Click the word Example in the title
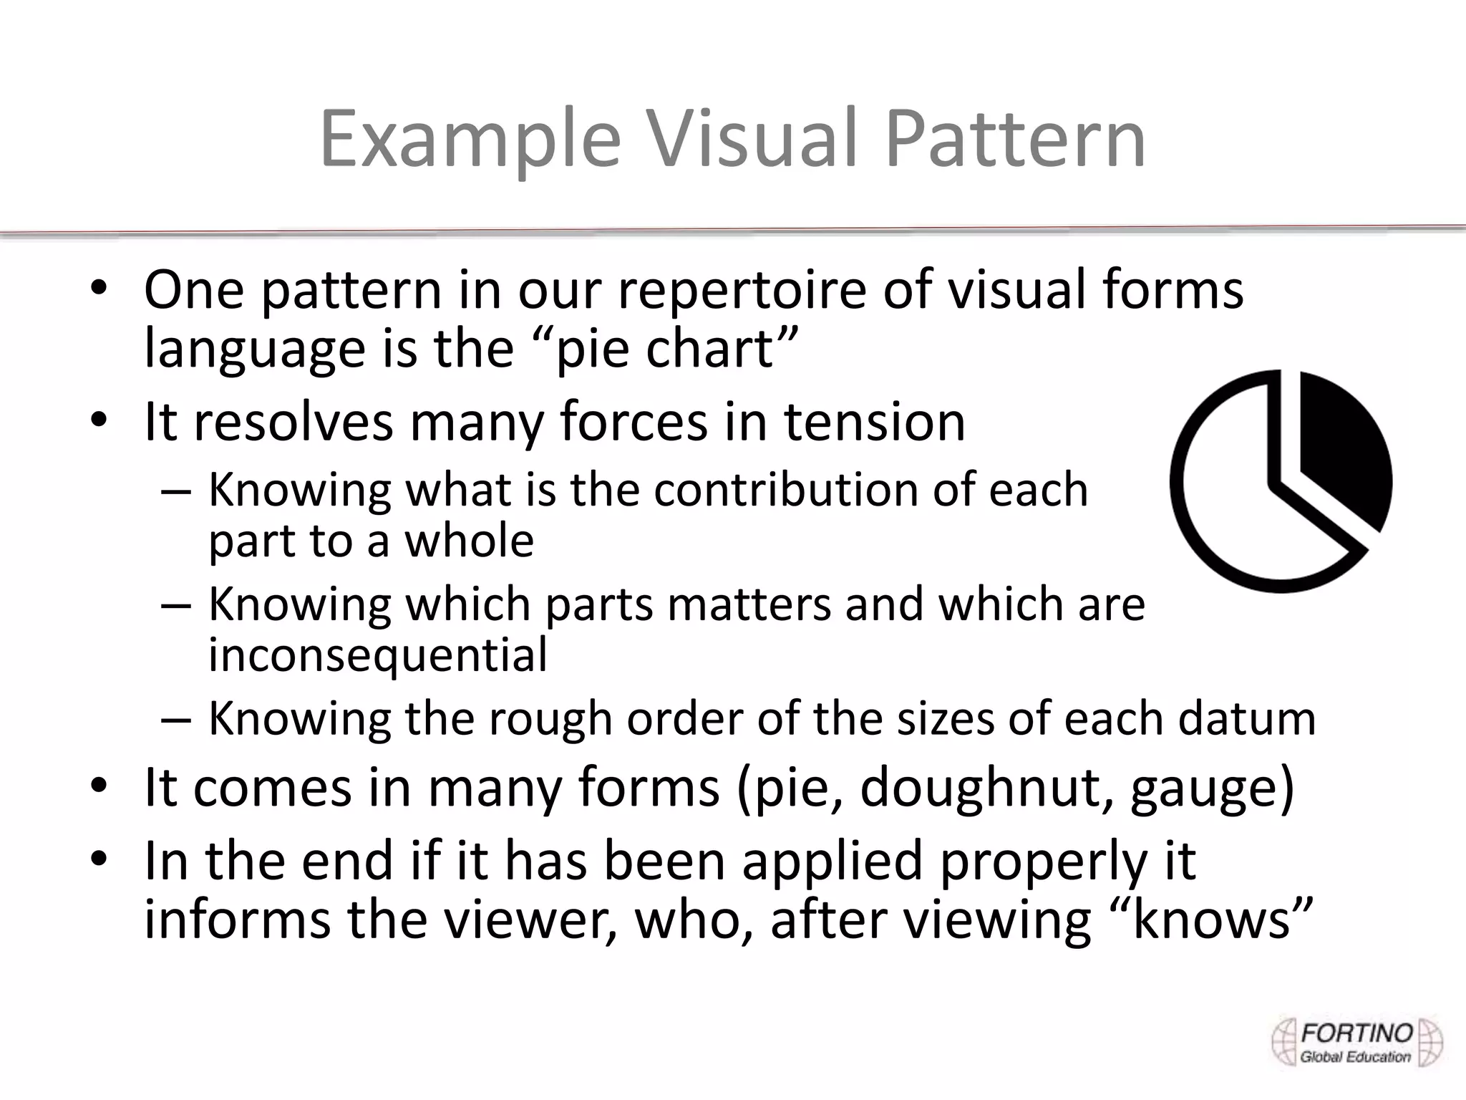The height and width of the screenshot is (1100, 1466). click(x=469, y=140)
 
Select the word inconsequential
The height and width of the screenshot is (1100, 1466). click(x=378, y=655)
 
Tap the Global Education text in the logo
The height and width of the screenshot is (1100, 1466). click(x=1355, y=1057)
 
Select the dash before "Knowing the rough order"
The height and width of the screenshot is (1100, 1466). click(x=176, y=718)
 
